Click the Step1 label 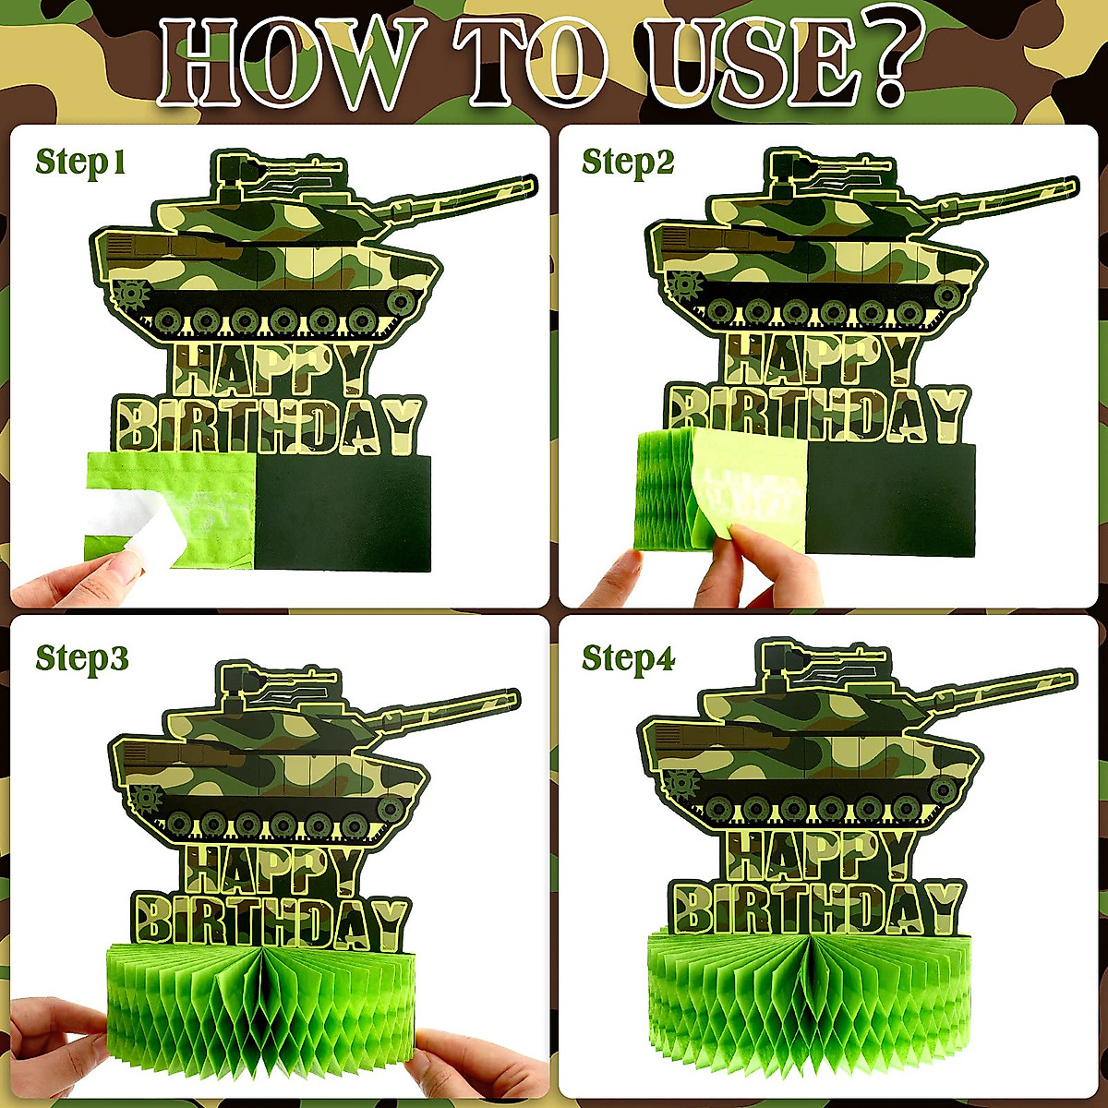(80, 163)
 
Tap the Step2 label (628, 163)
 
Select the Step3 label (82, 659)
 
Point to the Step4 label (628, 659)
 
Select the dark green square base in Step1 (342, 512)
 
